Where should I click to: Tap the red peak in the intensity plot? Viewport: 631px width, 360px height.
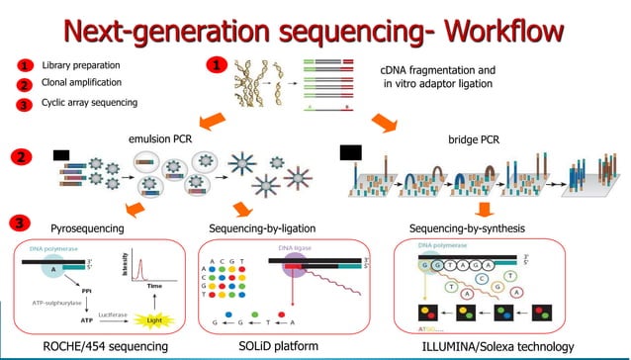click(139, 265)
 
